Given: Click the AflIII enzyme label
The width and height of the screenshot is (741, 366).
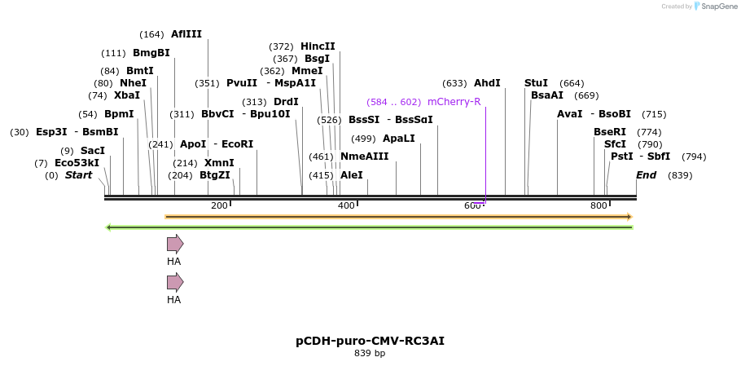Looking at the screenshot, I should [186, 34].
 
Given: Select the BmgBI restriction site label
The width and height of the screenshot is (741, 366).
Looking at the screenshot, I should [151, 53].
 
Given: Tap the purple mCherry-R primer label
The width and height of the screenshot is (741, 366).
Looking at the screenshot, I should [454, 102].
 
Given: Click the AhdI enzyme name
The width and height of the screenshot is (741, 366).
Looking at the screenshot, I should [487, 83].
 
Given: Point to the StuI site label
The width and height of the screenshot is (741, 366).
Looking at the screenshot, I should [536, 83].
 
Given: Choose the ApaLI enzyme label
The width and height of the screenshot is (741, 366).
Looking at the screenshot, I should [398, 139].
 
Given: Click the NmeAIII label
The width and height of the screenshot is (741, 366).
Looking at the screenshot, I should [364, 157].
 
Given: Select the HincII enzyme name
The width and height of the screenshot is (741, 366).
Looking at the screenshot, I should [318, 46].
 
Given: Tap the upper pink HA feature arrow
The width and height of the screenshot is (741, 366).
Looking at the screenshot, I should [175, 244].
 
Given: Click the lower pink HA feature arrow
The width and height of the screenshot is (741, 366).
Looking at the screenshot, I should [175, 282].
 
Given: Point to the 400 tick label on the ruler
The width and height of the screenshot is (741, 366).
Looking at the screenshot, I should [346, 205].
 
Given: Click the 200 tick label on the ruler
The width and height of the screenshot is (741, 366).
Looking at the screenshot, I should [219, 205].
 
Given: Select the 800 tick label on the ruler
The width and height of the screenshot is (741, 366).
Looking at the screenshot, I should [598, 205].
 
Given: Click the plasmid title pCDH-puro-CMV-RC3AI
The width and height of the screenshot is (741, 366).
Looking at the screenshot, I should [370, 341].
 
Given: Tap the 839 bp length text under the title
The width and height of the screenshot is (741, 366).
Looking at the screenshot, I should [370, 354].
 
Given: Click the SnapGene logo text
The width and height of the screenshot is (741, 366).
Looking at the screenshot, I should [719, 7].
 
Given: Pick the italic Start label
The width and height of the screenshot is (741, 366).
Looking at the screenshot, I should [78, 175].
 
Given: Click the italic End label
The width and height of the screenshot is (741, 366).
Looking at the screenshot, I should [646, 175].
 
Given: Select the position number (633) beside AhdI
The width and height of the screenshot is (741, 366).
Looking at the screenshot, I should [454, 83].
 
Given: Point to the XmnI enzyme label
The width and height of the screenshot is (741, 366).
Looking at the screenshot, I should [219, 163].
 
